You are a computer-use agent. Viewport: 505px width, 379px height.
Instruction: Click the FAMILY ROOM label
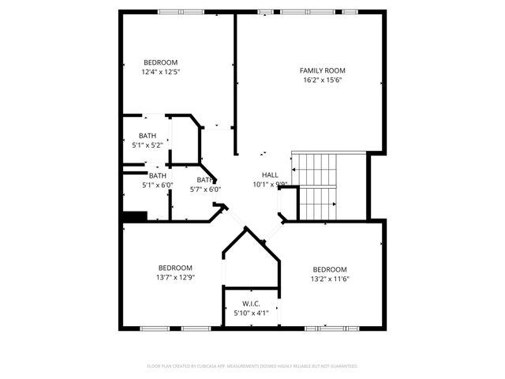pos(322,70)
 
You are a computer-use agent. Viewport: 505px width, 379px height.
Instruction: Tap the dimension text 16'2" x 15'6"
pos(322,80)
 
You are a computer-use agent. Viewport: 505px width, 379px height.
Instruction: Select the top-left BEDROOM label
pos(160,62)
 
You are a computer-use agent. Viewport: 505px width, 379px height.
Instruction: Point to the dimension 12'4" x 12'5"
pos(160,72)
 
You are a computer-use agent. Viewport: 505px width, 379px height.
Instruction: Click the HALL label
pos(270,175)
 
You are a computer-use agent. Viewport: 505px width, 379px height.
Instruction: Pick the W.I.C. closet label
pos(251,303)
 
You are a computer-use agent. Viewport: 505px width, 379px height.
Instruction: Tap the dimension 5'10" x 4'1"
pos(251,313)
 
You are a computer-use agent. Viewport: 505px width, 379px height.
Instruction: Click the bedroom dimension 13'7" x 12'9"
pos(174,277)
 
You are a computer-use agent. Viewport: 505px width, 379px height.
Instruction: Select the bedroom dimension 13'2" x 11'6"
pos(329,278)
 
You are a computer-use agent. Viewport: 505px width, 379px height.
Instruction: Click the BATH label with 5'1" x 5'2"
pos(148,136)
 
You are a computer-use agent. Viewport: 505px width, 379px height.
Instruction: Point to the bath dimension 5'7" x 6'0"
pos(205,189)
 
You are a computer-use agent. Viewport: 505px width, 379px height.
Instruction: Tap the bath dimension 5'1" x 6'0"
pos(157,185)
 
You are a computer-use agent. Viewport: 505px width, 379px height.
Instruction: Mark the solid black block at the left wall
pos(134,216)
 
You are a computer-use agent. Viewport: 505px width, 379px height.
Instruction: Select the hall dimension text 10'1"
pos(261,185)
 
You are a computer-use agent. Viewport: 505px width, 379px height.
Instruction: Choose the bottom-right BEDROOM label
pos(329,268)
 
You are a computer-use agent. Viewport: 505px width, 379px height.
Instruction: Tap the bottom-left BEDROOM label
pos(174,268)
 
